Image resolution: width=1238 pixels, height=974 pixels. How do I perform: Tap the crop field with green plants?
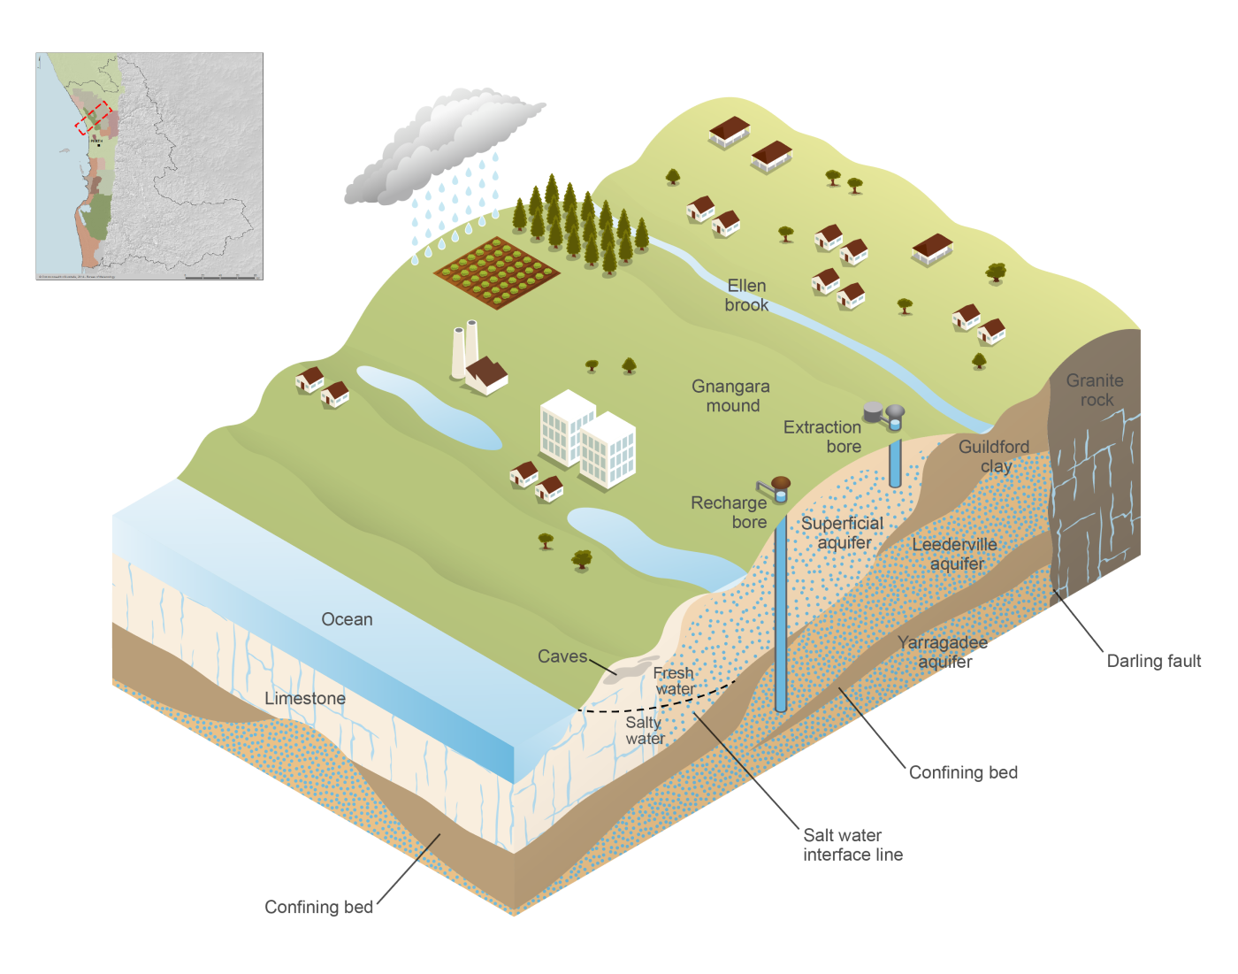496,272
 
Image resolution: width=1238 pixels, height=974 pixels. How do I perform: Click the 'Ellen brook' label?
746,295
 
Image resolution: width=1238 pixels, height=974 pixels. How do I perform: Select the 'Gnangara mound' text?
731,396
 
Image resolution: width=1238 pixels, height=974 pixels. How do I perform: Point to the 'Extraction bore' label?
822,437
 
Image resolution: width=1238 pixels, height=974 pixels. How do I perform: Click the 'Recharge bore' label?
730,512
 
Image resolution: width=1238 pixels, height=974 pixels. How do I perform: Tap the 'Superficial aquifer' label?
843,533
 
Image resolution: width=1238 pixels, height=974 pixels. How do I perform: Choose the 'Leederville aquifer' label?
955,554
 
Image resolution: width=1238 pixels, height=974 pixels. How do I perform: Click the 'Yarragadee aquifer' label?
943,652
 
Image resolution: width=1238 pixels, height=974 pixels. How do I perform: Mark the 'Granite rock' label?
1095,390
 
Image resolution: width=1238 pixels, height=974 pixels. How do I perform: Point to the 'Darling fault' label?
1154,661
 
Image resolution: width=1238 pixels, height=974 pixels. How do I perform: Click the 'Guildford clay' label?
994,456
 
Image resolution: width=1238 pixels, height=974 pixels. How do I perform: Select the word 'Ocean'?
347,619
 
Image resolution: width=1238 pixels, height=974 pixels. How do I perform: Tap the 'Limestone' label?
305,698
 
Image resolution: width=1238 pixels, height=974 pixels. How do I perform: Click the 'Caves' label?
562,656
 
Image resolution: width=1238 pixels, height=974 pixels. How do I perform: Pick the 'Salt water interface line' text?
852,845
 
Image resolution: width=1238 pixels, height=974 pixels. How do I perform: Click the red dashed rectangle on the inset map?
93,118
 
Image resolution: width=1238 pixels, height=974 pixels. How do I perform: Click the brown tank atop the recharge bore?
781,483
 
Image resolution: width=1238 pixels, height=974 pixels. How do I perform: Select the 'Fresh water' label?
674,681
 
